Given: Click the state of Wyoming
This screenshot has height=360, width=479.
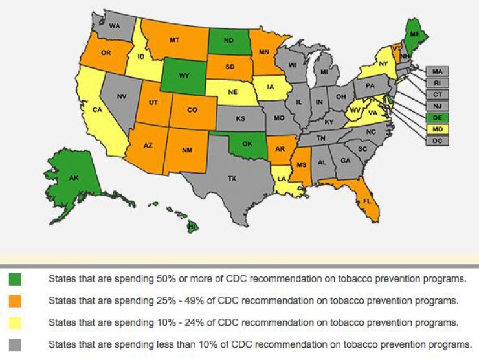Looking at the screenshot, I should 184,75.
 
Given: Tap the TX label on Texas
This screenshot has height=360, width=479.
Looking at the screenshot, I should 232,178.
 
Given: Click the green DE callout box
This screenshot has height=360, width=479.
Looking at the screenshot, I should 438,117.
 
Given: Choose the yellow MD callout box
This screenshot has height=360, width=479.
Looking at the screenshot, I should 438,129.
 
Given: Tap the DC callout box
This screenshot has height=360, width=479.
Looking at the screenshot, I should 438,140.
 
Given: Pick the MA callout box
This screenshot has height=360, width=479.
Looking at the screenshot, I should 438,71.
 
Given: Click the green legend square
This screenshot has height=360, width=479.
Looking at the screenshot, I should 15,280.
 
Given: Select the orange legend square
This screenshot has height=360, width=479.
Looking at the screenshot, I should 15,301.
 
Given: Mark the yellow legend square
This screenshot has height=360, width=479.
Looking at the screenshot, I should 15,322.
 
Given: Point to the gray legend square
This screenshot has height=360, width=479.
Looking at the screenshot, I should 15,344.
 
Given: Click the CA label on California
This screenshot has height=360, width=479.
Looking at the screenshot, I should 97,109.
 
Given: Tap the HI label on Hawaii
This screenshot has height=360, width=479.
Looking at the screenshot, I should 192,226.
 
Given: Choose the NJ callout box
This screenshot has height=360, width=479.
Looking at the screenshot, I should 438,106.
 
